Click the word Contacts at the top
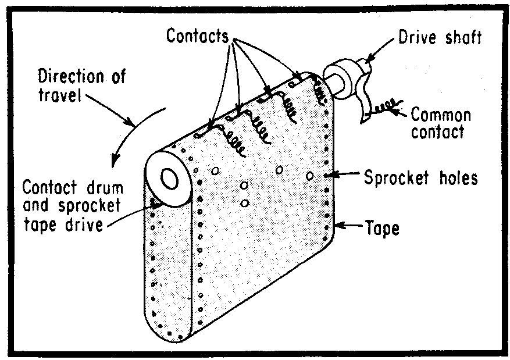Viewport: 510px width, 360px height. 198,36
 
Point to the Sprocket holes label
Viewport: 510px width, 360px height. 420,177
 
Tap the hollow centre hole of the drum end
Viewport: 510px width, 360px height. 170,179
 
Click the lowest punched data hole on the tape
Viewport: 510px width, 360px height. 245,203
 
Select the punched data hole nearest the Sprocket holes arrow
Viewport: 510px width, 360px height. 310,175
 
